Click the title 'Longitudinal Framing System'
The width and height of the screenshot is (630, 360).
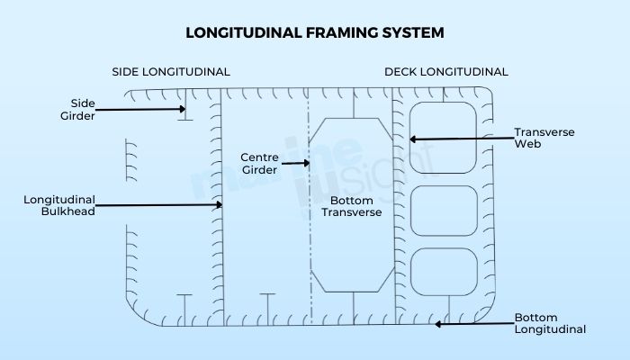tap(314, 33)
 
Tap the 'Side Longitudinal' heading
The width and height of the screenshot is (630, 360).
tap(171, 72)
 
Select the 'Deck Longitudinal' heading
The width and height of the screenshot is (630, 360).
tap(445, 72)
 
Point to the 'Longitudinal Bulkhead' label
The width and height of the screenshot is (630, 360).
tap(59, 205)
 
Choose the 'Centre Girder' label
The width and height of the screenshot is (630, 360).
tap(260, 163)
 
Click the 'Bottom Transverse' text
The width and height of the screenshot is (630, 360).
tap(352, 206)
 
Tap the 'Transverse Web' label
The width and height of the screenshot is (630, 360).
tap(544, 138)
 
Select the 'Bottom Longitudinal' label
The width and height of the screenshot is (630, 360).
tap(549, 323)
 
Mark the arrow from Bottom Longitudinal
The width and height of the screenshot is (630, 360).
tap(472, 322)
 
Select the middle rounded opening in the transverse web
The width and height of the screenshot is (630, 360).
tap(443, 208)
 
